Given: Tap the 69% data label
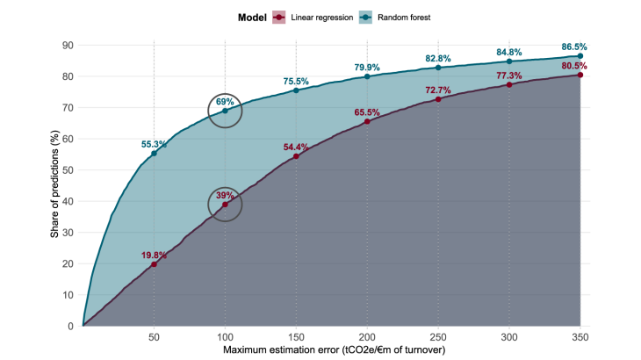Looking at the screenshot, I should click(225, 102).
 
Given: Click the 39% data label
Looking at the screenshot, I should click(225, 195).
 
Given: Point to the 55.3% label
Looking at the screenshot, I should click(155, 143).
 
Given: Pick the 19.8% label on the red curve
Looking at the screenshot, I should click(155, 255).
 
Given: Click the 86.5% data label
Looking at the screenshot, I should click(575, 46).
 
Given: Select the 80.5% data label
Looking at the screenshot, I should click(575, 65).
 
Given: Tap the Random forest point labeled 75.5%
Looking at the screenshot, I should click(296, 90).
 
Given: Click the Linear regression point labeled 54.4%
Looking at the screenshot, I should click(296, 156).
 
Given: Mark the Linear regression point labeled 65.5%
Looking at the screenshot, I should click(367, 121).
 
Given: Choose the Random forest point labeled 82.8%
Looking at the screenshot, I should click(438, 68).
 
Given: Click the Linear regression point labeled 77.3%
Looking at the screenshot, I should click(509, 84).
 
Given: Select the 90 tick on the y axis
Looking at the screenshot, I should click(68, 46).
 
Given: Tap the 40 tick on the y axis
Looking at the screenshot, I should click(68, 201).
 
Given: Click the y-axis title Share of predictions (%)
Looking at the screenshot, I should click(54, 186).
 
